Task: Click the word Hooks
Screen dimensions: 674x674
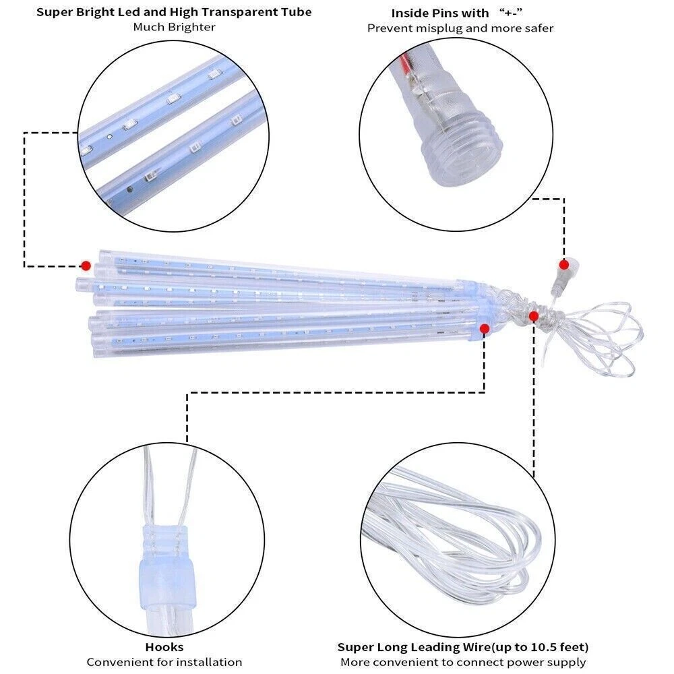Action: (x=164, y=646)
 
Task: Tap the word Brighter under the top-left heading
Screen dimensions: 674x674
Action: (x=191, y=27)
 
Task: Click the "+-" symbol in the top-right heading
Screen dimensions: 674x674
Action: (x=511, y=12)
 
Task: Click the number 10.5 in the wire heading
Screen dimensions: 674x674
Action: (x=543, y=647)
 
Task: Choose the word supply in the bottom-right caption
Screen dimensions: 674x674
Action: (x=567, y=663)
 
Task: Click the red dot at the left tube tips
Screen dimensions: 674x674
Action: (x=86, y=266)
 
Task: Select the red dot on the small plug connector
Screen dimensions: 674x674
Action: (x=564, y=265)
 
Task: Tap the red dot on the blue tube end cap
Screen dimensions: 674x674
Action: (x=485, y=329)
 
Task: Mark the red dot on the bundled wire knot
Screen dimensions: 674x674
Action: (x=534, y=317)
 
